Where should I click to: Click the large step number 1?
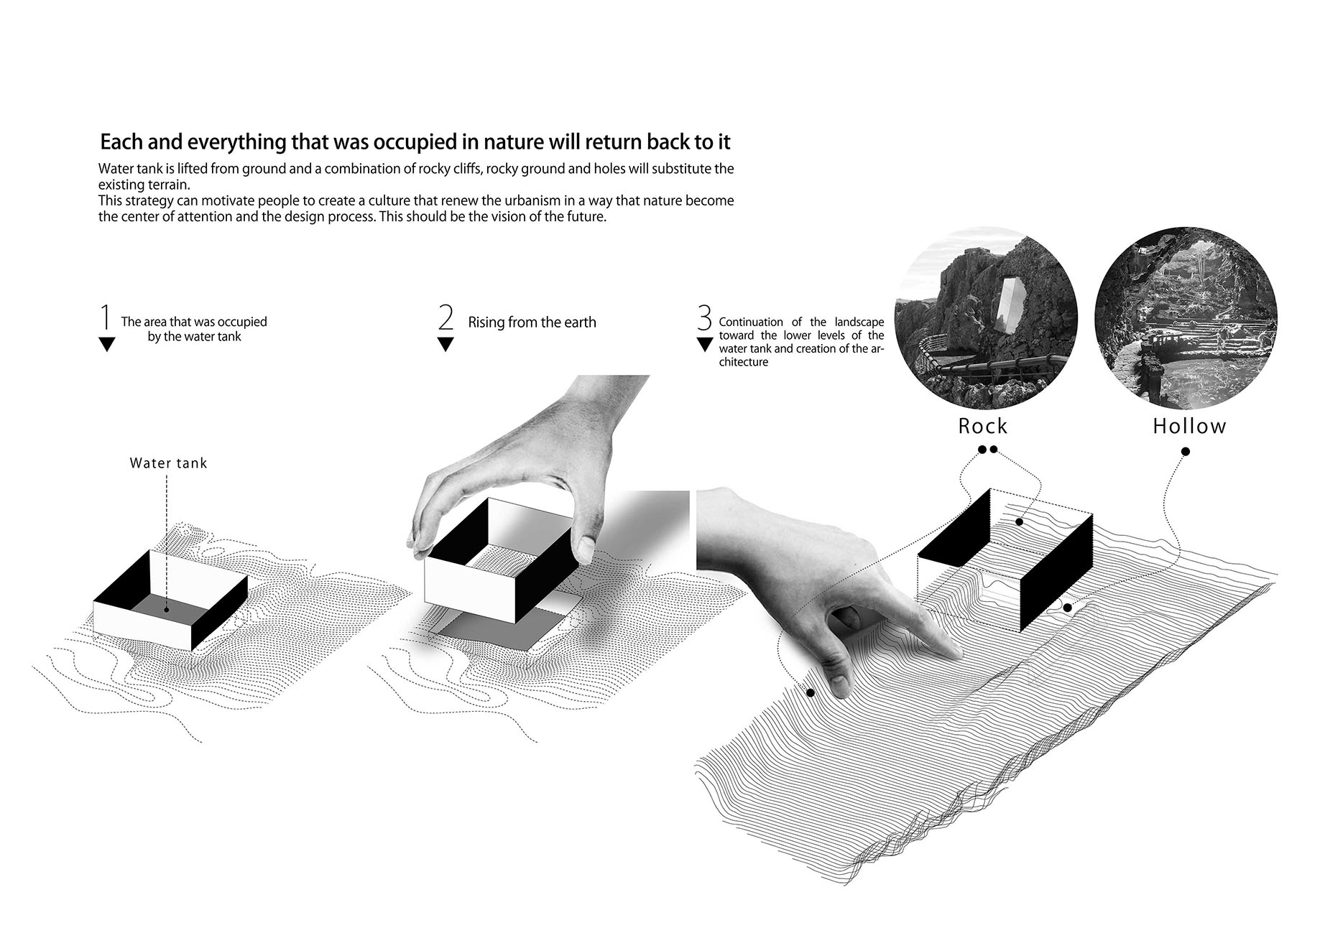tap(106, 317)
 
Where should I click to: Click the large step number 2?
tap(446, 317)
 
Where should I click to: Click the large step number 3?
tap(704, 317)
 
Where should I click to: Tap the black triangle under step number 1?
tap(106, 344)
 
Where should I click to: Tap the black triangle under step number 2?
tap(446, 344)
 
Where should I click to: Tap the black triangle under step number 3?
tap(705, 344)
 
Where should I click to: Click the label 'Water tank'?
tap(168, 463)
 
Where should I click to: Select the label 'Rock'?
tap(983, 426)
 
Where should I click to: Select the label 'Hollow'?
tap(1189, 426)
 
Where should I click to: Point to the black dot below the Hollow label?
tap(1186, 452)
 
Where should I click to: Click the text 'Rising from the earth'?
tap(532, 322)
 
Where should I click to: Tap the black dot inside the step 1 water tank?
tap(166, 610)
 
